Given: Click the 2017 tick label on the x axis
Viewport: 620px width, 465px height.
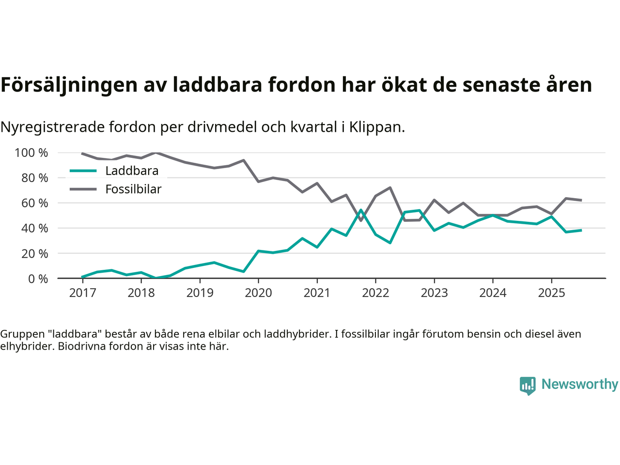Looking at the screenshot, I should tap(82, 293).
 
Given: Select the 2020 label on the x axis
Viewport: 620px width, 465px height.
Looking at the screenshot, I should tap(258, 293).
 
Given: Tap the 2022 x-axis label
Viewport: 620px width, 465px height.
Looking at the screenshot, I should tap(375, 293).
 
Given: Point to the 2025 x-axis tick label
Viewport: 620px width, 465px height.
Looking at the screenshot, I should tap(551, 293).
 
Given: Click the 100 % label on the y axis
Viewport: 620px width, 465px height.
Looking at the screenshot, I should tap(31, 153).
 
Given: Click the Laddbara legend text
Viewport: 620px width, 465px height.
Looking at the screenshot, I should tap(132, 171).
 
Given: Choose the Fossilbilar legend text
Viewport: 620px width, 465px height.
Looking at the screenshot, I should tap(133, 189).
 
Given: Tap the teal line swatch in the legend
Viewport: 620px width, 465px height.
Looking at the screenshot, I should tap(83, 171).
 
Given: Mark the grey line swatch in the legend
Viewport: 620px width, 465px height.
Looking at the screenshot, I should tap(83, 189).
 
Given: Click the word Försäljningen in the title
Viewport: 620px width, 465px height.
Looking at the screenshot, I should tap(69, 85).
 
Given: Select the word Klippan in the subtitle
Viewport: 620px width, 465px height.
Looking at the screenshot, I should tap(376, 127).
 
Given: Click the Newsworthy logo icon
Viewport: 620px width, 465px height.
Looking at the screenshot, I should tap(527, 386).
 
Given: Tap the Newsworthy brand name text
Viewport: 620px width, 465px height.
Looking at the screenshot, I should tap(580, 384).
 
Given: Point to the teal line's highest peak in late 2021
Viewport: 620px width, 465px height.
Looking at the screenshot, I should tap(361, 210).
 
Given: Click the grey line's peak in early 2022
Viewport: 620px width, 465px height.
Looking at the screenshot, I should tap(390, 187).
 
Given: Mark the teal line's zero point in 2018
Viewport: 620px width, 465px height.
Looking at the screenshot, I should tap(155, 278).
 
